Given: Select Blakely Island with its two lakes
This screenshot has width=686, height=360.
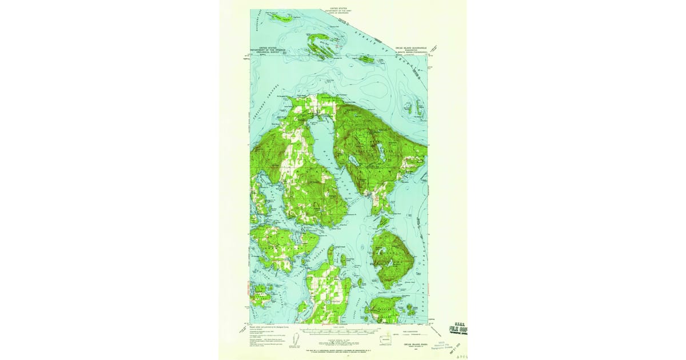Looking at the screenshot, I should [x=390, y=256].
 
